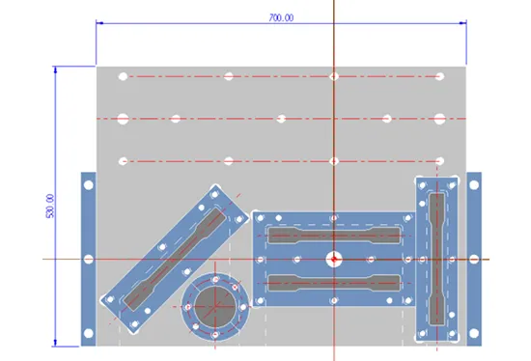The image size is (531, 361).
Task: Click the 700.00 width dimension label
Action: click(281, 17)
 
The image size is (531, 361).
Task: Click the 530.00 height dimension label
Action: click(49, 206)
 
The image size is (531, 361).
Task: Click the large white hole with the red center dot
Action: click(334, 260)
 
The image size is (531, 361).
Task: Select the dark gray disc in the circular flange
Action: click(215, 307)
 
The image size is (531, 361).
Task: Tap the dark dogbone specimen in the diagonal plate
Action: click(174, 260)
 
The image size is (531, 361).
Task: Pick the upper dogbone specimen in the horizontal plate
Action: click(334, 236)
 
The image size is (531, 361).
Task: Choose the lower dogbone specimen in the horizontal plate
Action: click(334, 283)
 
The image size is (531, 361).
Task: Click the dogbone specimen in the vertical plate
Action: click(436, 260)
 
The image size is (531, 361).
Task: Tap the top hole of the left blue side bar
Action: click(89, 185)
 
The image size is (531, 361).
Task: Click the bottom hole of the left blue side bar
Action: click(89, 334)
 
